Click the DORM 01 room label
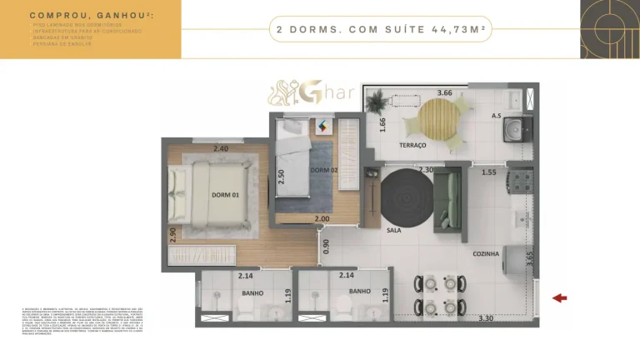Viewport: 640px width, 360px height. point(225,196)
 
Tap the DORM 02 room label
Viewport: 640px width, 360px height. point(323,171)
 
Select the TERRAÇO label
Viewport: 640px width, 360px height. point(412,146)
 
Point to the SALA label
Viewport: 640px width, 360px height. point(393,230)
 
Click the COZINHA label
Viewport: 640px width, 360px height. point(486,253)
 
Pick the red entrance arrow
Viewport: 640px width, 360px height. point(560,297)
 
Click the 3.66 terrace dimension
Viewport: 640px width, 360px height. point(444,92)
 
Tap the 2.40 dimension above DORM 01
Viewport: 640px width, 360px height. point(221,149)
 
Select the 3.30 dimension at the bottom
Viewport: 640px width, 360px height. point(487,317)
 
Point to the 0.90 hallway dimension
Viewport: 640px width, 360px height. point(326,246)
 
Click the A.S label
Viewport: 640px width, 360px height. point(496,116)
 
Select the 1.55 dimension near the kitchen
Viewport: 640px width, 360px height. point(489,172)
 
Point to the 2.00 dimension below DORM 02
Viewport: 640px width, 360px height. point(322,219)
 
